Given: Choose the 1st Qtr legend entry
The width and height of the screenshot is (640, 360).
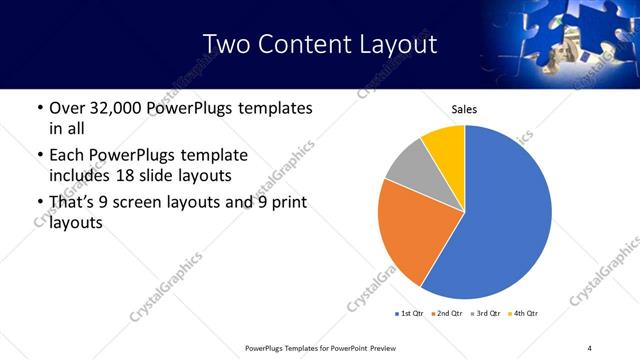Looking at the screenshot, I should click(x=411, y=314).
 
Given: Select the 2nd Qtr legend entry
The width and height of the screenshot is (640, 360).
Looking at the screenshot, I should click(x=449, y=314).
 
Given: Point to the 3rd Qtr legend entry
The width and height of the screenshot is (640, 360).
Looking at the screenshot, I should click(x=486, y=314).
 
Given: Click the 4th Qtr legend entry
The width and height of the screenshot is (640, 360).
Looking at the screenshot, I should click(x=523, y=314).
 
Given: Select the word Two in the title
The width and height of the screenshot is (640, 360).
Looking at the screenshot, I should click(x=224, y=45).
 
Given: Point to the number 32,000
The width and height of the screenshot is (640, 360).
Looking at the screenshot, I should click(x=118, y=108).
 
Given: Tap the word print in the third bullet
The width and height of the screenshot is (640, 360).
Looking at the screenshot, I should click(x=287, y=203).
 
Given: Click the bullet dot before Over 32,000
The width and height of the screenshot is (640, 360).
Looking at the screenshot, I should click(x=39, y=109).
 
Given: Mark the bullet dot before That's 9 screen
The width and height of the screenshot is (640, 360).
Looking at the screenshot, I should click(x=39, y=204).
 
